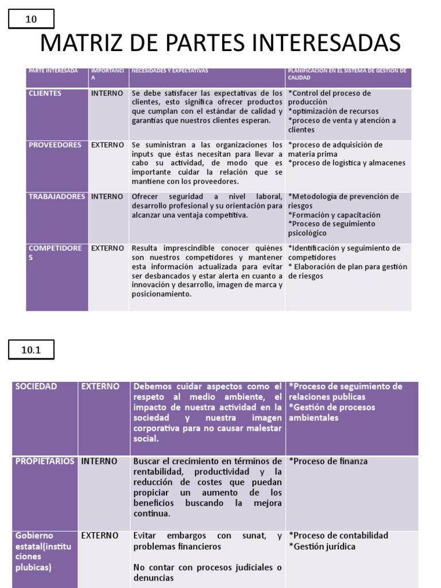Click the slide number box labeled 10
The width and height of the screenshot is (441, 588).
point(31,20)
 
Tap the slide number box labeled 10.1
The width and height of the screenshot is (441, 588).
point(31,349)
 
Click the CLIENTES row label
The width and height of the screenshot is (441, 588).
point(45,93)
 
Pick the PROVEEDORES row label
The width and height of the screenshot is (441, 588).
point(55,145)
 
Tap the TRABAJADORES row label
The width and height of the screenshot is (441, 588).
point(57,196)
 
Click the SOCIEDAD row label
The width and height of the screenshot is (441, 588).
point(36,386)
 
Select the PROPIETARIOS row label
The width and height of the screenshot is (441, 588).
point(44,461)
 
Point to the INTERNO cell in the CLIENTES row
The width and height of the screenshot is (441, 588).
point(107,93)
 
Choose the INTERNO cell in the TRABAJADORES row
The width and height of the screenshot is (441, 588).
point(107,196)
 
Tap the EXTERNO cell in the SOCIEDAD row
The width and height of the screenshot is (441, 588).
point(100,386)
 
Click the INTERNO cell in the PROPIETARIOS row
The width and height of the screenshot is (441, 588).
point(99,461)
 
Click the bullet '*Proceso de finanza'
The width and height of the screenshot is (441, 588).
point(328,461)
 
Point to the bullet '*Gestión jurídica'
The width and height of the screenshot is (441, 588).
point(322,546)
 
